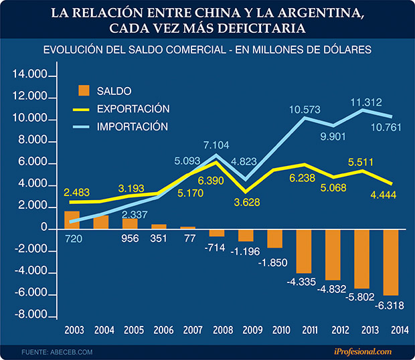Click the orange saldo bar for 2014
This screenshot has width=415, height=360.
[391, 262]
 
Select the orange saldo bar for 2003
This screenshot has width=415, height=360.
[72, 219]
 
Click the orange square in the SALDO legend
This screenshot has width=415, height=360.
[84, 91]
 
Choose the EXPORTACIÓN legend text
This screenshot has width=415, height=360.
[133, 108]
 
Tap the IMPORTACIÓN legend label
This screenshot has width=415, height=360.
[133, 126]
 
